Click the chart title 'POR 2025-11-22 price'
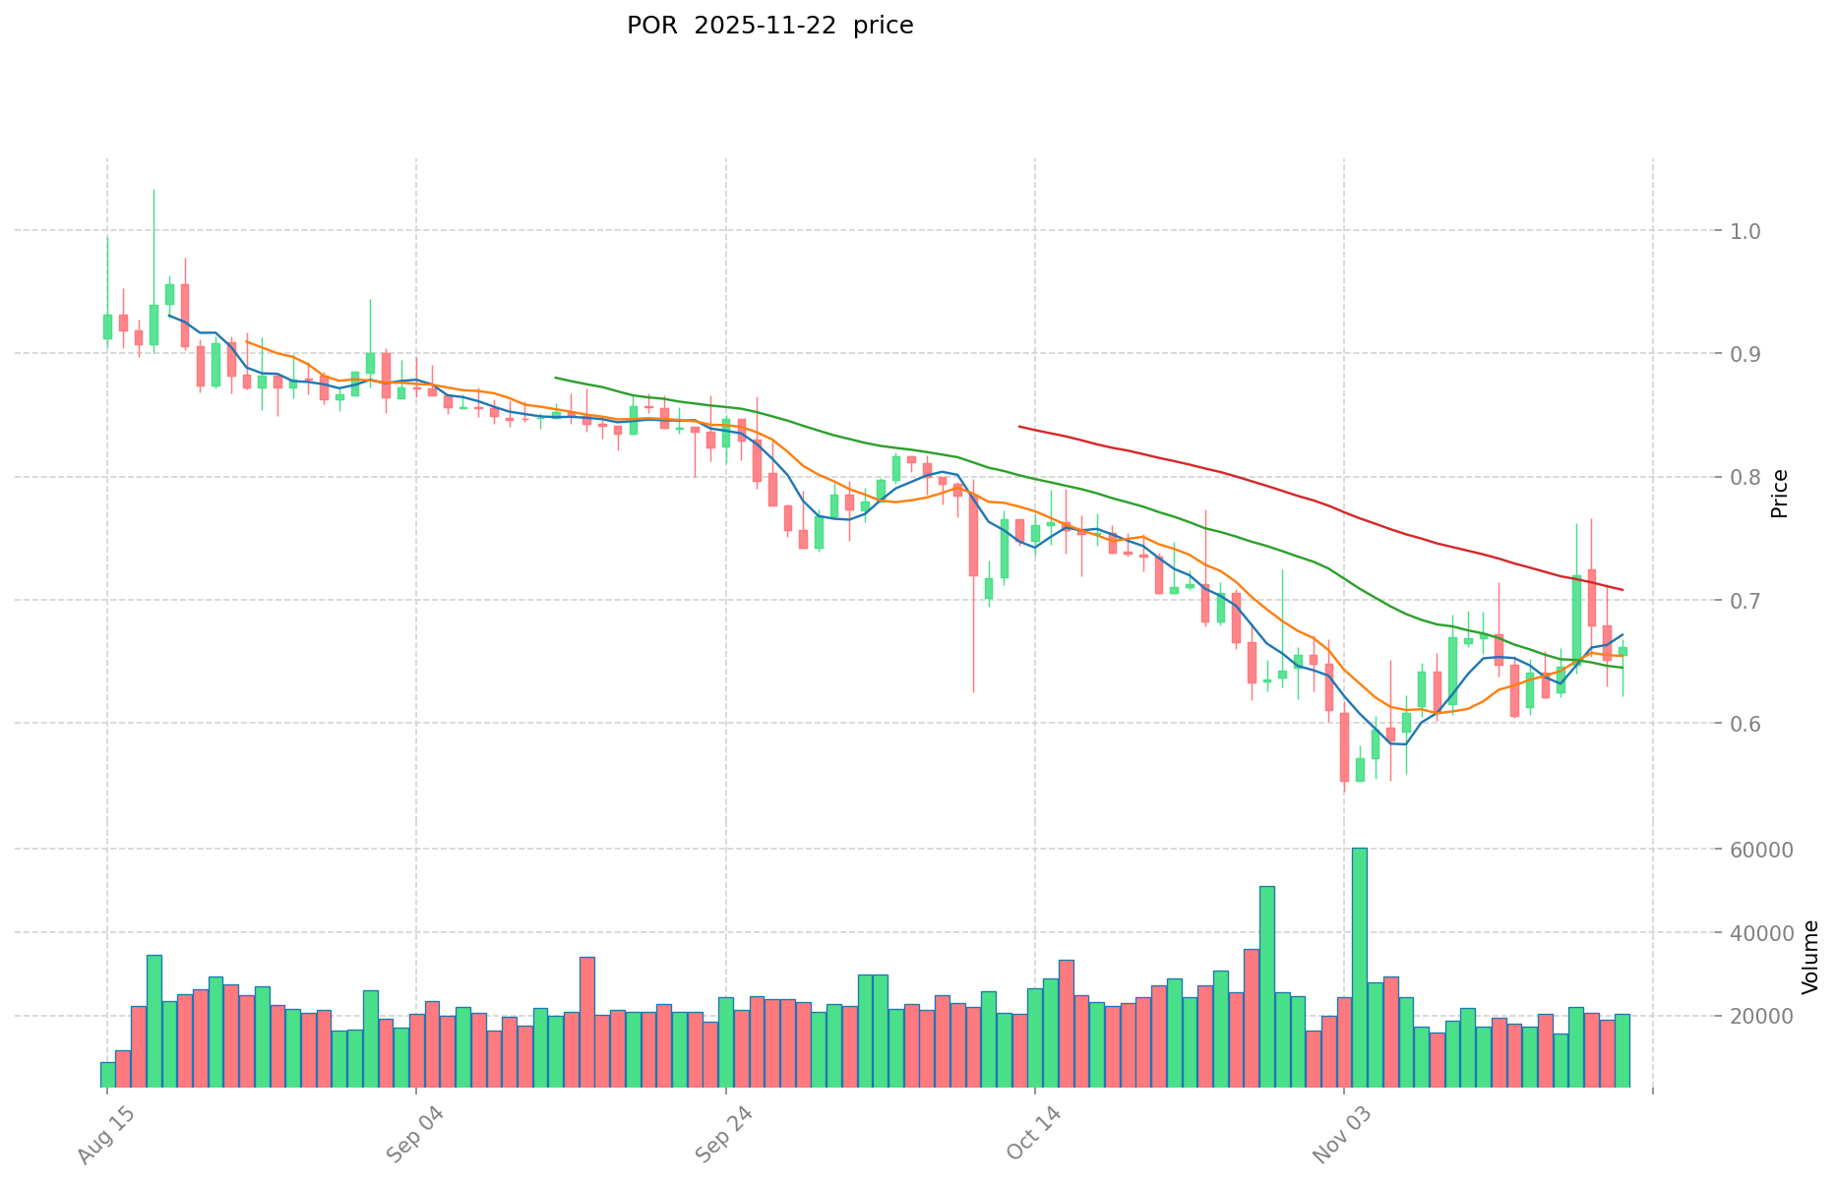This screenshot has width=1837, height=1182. pos(769,26)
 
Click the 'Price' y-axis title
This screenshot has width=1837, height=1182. pos(1779,494)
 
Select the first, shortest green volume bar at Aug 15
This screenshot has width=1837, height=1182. pos(107,1074)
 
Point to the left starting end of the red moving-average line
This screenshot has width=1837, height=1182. pos(1019,427)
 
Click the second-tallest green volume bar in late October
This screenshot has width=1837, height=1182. pos(1267,986)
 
